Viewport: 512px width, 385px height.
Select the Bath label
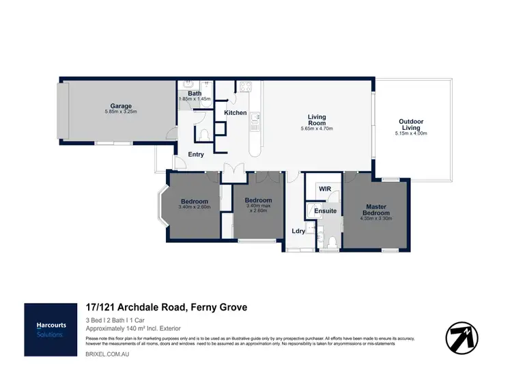click(195, 93)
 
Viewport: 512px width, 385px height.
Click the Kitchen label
click(236, 112)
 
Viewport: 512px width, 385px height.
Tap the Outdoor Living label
click(410, 124)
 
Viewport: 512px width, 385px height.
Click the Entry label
click(196, 155)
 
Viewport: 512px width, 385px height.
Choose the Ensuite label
click(325, 211)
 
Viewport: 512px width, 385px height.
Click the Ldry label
click(298, 231)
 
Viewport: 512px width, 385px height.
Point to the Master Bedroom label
click(376, 210)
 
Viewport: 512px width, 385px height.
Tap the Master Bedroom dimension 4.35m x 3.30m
click(376, 221)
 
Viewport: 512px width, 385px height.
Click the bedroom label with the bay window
click(194, 201)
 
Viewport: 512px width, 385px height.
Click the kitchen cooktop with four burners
click(244, 86)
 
